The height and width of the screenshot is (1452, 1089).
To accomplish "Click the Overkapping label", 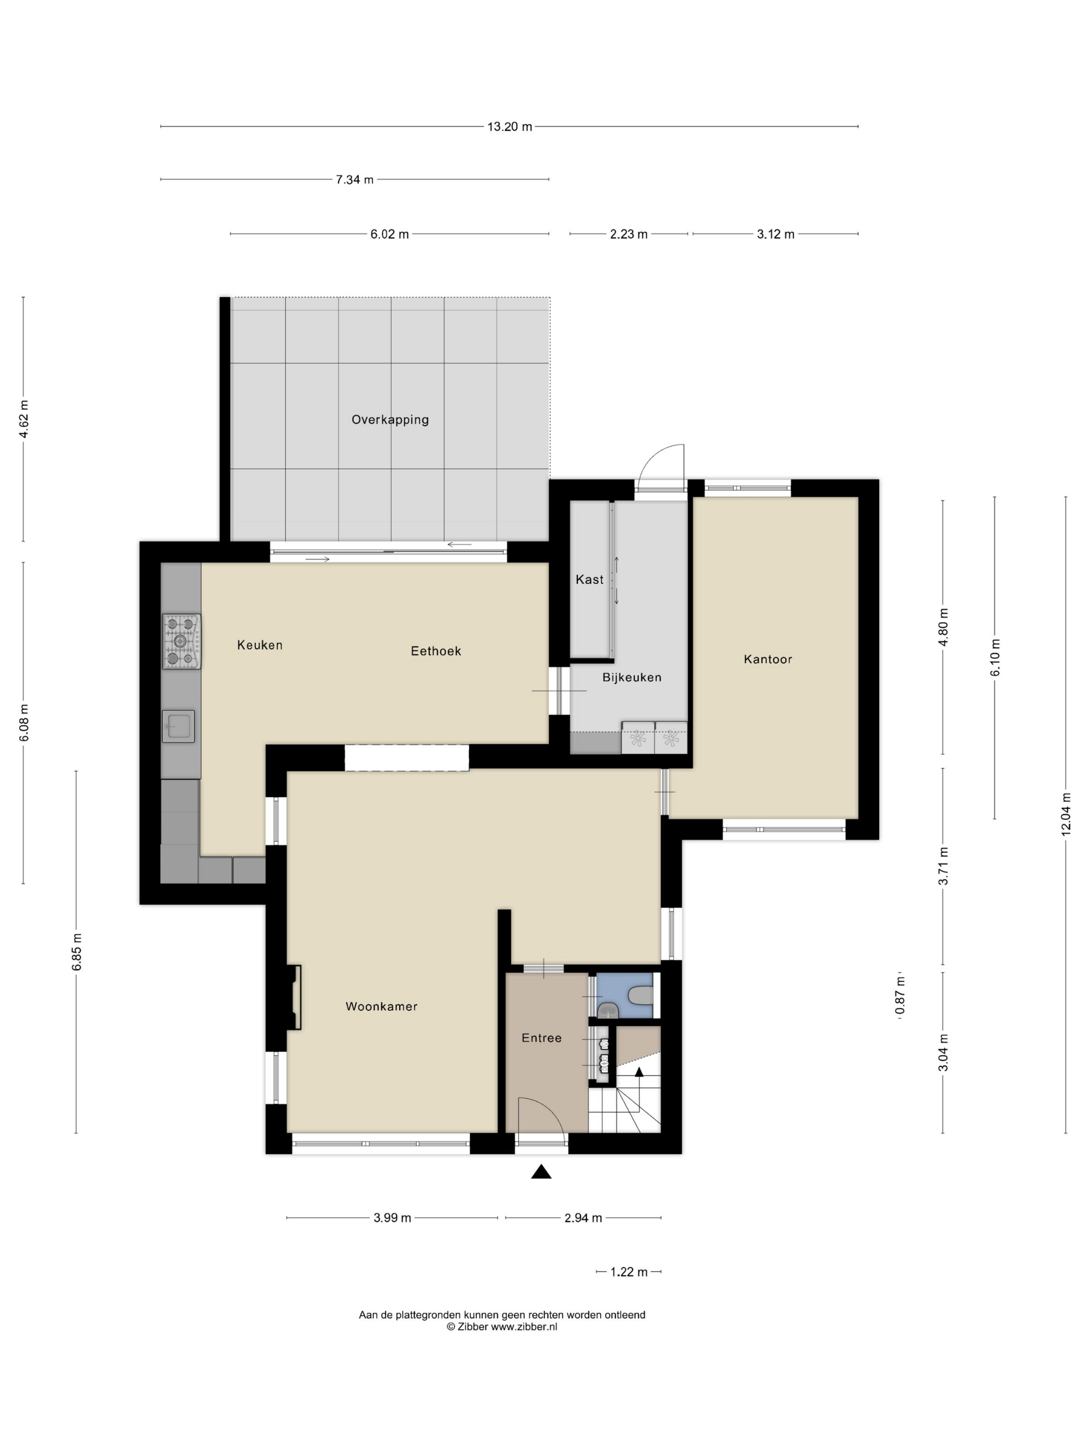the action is (x=390, y=420).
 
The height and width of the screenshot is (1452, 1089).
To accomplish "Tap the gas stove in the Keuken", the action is (x=181, y=641).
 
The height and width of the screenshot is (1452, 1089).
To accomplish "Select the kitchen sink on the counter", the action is (x=178, y=727).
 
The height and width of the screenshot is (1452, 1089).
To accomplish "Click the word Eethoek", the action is (x=436, y=651).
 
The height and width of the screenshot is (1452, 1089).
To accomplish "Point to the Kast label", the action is (x=590, y=580).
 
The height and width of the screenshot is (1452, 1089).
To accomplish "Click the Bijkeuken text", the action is (x=632, y=677).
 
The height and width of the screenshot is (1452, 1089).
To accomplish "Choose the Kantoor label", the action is (x=768, y=659).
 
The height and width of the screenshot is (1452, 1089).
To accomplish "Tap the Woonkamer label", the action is (x=381, y=1007).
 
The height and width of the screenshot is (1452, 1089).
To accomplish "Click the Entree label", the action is (x=541, y=1038).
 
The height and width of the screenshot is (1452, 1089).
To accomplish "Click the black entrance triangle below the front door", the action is (x=541, y=1171).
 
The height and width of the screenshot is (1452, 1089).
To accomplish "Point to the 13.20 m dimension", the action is (x=509, y=127).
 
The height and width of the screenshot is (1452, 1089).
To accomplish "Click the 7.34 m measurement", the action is (x=355, y=180).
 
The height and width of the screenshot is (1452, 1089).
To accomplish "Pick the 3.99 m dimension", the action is (x=393, y=1218).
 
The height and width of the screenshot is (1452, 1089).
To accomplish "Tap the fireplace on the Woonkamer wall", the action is (x=294, y=997).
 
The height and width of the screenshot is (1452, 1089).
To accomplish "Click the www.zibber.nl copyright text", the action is (x=502, y=1327).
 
